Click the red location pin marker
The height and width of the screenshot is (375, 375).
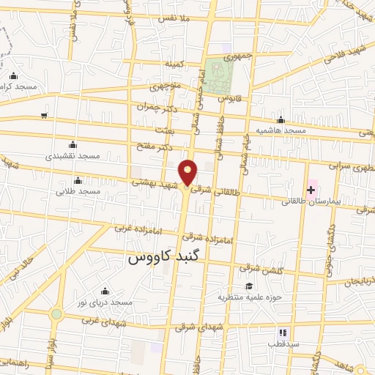188,172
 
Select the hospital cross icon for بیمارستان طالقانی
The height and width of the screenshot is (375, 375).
311,189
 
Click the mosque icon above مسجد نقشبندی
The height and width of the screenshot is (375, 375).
71,145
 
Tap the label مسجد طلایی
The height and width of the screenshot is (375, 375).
77,192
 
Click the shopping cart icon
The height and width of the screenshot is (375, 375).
45,115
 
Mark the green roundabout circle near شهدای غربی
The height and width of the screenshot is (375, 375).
56,313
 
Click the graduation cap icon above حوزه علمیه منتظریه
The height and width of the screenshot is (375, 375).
250,286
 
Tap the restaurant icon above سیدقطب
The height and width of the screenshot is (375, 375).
282,333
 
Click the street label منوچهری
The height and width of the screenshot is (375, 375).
165,86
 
